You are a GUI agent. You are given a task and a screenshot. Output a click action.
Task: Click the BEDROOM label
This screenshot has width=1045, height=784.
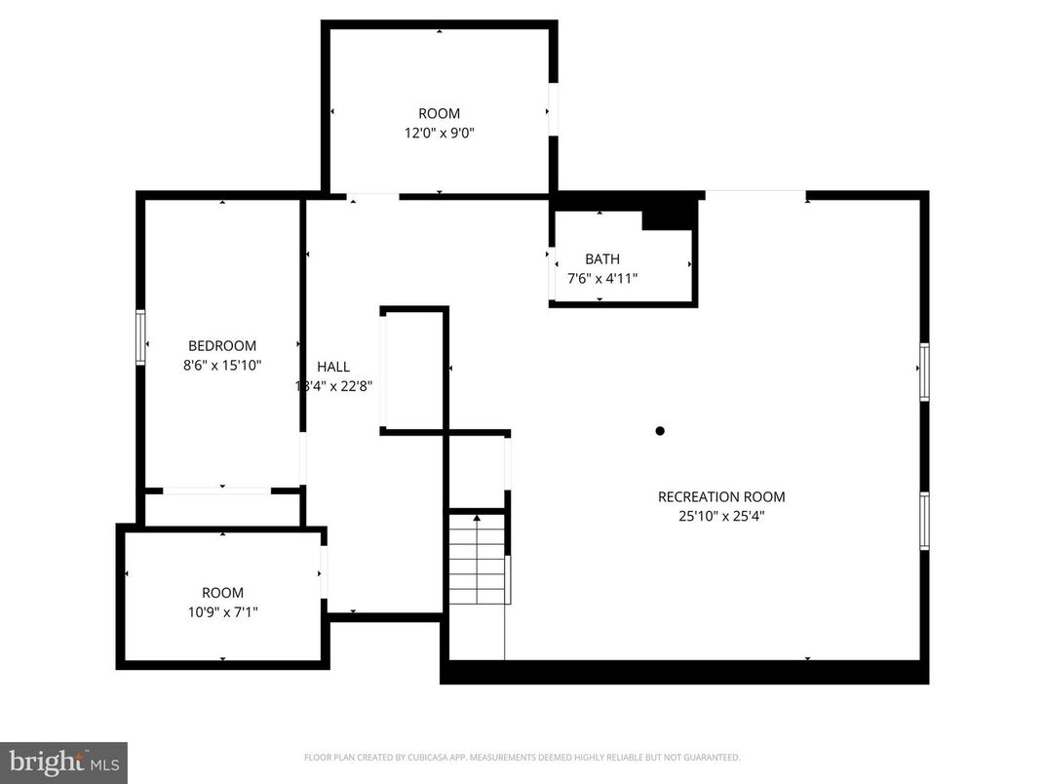pos(222,346)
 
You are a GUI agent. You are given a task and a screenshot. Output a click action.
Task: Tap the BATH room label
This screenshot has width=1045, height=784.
pos(601,259)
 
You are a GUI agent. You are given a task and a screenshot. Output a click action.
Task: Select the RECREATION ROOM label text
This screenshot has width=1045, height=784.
pos(720,497)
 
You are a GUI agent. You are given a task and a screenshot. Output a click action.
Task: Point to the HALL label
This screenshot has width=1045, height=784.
pos(332,368)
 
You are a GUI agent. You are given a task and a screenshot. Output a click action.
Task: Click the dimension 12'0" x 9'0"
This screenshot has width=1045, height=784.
pos(439,133)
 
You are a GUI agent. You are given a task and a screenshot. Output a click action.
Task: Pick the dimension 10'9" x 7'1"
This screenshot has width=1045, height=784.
pos(222,611)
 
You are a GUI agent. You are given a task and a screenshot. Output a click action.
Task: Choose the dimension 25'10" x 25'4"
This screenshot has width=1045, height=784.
pos(720,517)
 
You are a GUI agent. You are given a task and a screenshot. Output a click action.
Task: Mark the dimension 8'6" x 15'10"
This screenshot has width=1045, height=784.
pos(222,366)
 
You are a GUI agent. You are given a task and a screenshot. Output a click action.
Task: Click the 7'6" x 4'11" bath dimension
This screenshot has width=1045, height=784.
pos(602,278)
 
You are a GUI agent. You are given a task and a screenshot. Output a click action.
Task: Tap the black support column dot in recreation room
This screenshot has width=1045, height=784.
pos(660,431)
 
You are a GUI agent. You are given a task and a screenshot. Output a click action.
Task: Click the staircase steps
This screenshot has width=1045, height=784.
pos(478,560)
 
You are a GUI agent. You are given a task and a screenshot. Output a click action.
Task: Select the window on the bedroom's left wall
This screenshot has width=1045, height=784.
pos(140,337)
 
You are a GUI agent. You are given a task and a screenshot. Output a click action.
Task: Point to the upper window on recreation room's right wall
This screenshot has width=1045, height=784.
pos(924,371)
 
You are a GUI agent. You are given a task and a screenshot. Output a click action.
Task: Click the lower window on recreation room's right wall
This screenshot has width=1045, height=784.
pos(924,521)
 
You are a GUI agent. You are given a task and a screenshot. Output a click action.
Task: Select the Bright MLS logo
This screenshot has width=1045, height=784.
pos(63,761)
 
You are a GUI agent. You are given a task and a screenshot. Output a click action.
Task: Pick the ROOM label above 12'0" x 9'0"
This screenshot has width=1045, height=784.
pos(439,114)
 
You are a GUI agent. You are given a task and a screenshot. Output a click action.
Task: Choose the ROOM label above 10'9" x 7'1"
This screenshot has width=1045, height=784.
pos(222,593)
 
